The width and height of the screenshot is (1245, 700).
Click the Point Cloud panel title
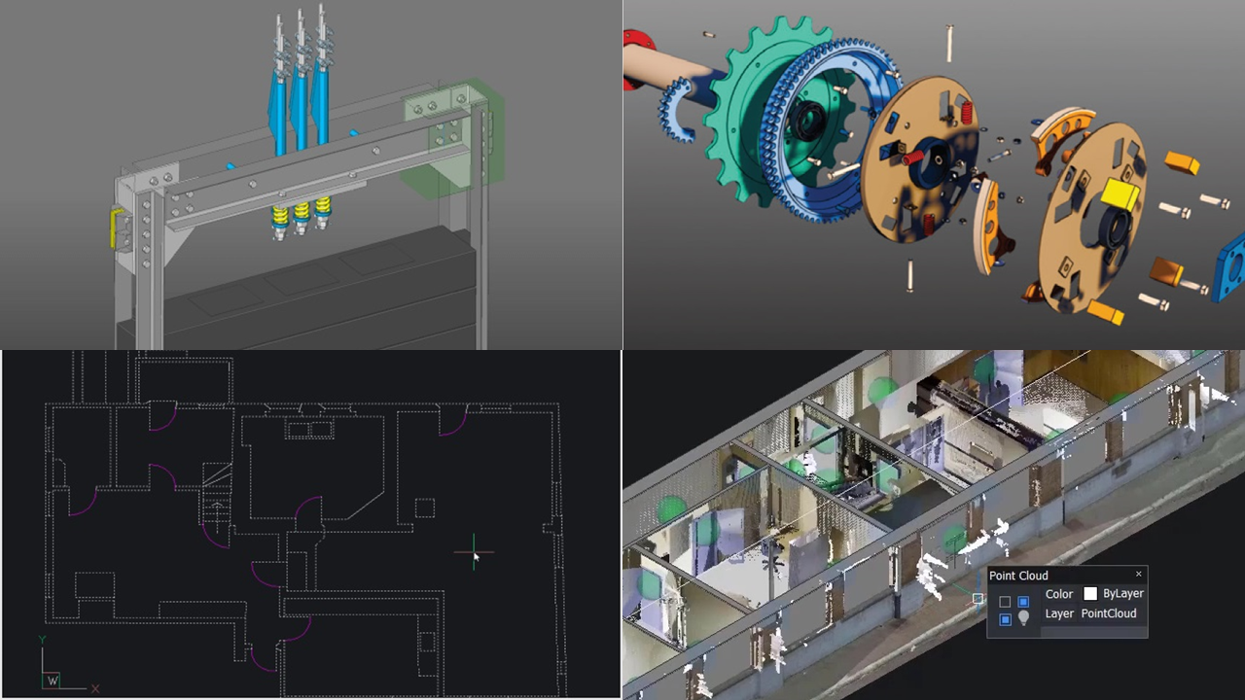tap(1018, 576)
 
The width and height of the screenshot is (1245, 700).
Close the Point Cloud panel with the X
tap(1138, 575)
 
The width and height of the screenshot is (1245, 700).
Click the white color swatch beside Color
tap(1090, 594)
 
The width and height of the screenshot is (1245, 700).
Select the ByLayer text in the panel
tap(1123, 594)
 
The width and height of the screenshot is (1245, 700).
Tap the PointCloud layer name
tap(1109, 613)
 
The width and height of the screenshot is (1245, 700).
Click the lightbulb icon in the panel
tap(1023, 618)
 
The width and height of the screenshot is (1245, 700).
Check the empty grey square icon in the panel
tap(1005, 602)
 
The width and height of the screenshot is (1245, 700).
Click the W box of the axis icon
tap(52, 681)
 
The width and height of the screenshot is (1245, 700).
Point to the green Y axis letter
tap(42, 640)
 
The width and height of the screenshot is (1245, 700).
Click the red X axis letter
tap(94, 689)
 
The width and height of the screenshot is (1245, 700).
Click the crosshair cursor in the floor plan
tap(474, 554)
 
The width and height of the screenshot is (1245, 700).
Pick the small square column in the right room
tap(424, 507)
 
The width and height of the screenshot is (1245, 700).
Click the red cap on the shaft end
tap(638, 44)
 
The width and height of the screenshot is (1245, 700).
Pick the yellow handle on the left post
tap(118, 228)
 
